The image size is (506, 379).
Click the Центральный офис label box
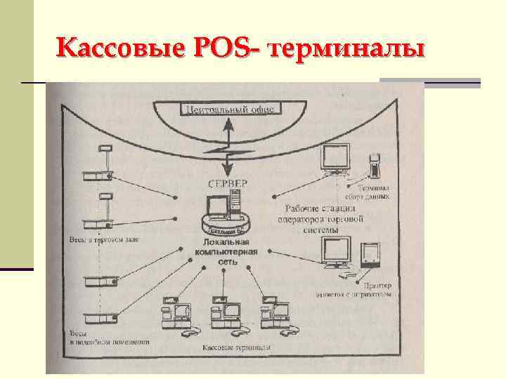pos(231,109)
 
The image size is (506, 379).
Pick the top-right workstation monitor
pos(335,158)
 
